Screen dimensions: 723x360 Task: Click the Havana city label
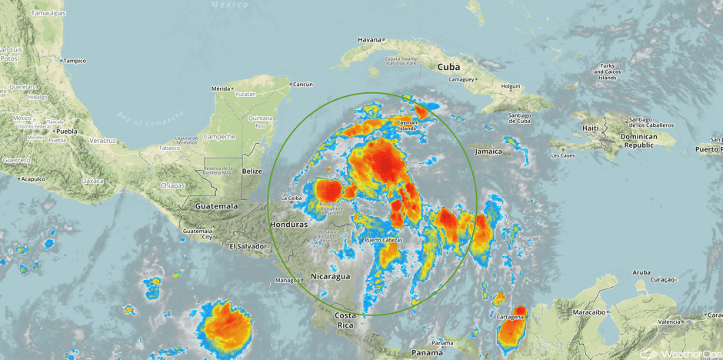[370, 40]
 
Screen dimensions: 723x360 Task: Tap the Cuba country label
[448, 67]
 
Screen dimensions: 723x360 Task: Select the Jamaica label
[488, 152]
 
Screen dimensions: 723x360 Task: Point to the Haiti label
[591, 128]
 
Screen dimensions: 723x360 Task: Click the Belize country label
[252, 171]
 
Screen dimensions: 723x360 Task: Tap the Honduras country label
[288, 224]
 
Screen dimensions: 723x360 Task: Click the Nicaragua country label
[330, 275]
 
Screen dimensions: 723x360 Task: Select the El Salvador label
[248, 246]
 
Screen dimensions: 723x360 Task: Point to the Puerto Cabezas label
[384, 241]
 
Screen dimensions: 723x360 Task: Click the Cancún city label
[303, 84]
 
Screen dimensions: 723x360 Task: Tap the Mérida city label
[221, 88]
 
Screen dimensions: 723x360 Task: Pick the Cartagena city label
[510, 316]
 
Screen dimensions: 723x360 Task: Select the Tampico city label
[75, 61]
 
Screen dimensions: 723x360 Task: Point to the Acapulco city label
[33, 178]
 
